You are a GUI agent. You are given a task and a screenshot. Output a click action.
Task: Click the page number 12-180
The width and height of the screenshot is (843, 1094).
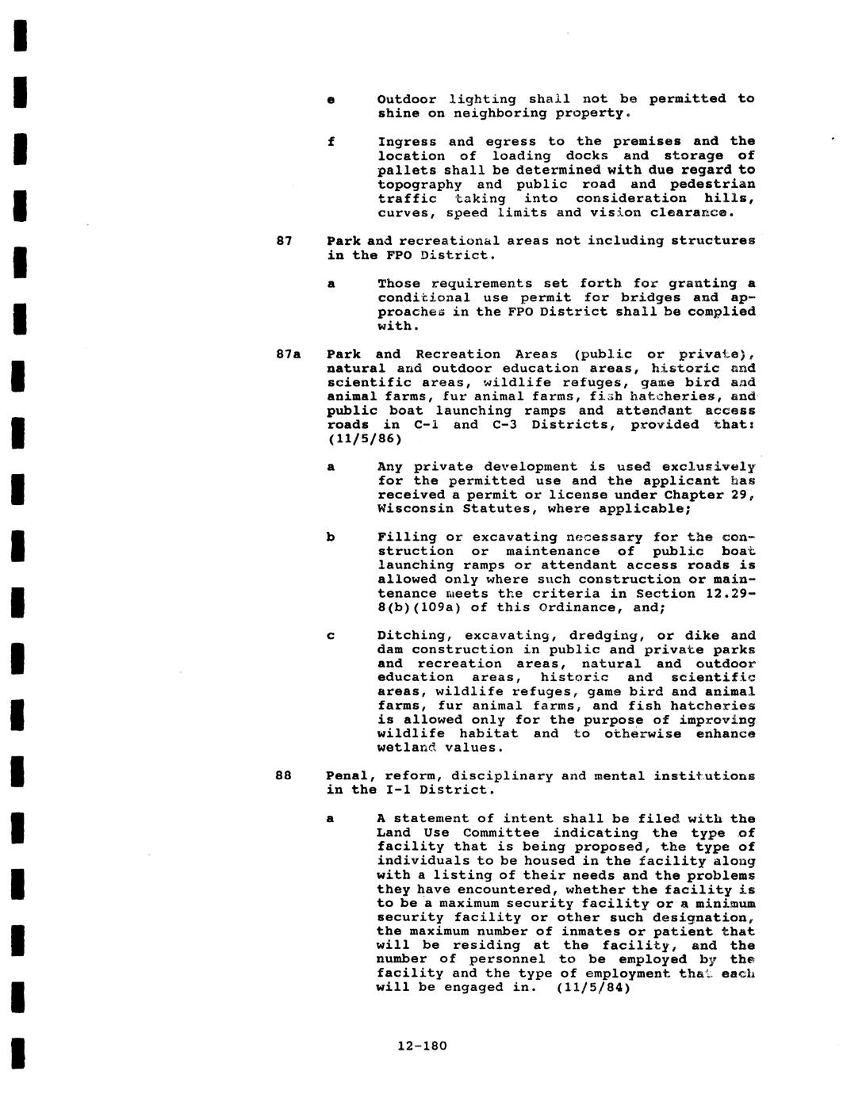[422, 1046]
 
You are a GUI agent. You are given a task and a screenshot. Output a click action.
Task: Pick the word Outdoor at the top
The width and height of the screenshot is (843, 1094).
[407, 99]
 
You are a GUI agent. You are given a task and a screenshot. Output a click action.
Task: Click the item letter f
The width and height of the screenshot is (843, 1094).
[331, 142]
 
